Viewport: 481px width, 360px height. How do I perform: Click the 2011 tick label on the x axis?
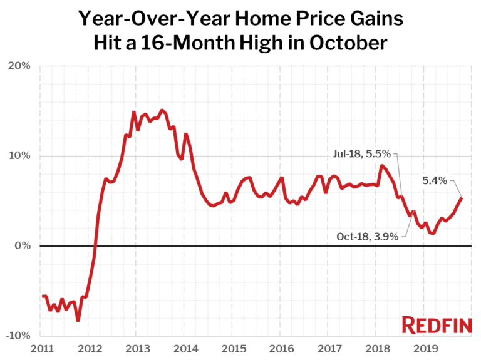[x=42, y=347]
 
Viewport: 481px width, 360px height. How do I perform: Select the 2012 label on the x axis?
[x=90, y=347]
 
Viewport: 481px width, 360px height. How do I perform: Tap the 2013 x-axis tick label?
[x=138, y=347]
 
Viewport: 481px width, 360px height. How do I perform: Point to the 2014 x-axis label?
[x=186, y=347]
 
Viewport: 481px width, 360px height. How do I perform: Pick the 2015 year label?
[x=234, y=347]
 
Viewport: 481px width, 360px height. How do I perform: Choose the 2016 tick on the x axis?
[x=282, y=347]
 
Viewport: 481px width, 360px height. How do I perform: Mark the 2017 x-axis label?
[x=329, y=347]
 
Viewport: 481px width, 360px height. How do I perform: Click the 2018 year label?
[x=378, y=347]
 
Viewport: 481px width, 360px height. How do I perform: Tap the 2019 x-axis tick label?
[x=425, y=347]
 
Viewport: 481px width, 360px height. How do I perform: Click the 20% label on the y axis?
[x=21, y=66]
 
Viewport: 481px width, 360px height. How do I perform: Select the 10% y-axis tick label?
[x=21, y=156]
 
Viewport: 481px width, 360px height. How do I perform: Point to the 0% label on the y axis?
[x=24, y=246]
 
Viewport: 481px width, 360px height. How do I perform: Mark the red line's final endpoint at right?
[x=462, y=198]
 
